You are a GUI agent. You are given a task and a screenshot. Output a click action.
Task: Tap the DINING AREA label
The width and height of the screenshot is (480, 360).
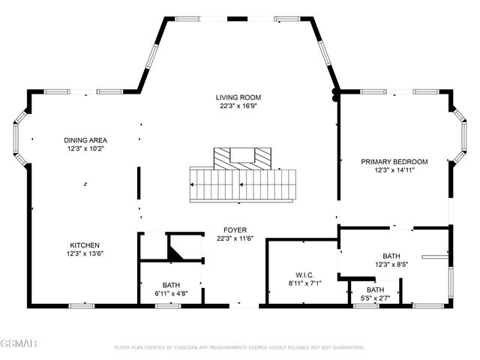pos(85,140)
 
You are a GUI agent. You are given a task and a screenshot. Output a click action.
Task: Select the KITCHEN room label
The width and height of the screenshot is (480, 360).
pos(85,245)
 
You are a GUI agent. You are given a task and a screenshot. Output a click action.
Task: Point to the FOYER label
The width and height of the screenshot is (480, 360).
pos(235,230)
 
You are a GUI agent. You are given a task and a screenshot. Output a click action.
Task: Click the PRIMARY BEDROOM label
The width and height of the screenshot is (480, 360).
pos(394,161)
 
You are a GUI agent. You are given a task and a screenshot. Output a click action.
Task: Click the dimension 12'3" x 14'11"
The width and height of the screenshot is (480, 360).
pos(394,170)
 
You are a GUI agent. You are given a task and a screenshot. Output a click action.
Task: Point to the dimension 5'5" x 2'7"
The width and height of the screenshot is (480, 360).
pos(375,298)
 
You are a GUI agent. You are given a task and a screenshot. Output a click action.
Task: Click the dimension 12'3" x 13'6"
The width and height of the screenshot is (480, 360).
pos(85,254)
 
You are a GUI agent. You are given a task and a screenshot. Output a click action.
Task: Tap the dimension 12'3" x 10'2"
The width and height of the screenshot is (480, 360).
pos(85,149)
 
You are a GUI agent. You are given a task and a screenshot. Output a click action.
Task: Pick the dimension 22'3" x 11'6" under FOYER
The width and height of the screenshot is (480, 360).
pos(235,239)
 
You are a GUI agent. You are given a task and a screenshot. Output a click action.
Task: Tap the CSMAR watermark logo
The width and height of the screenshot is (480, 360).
pos(16,344)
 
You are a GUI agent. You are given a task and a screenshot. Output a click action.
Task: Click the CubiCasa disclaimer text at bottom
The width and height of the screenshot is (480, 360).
pos(239,348)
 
